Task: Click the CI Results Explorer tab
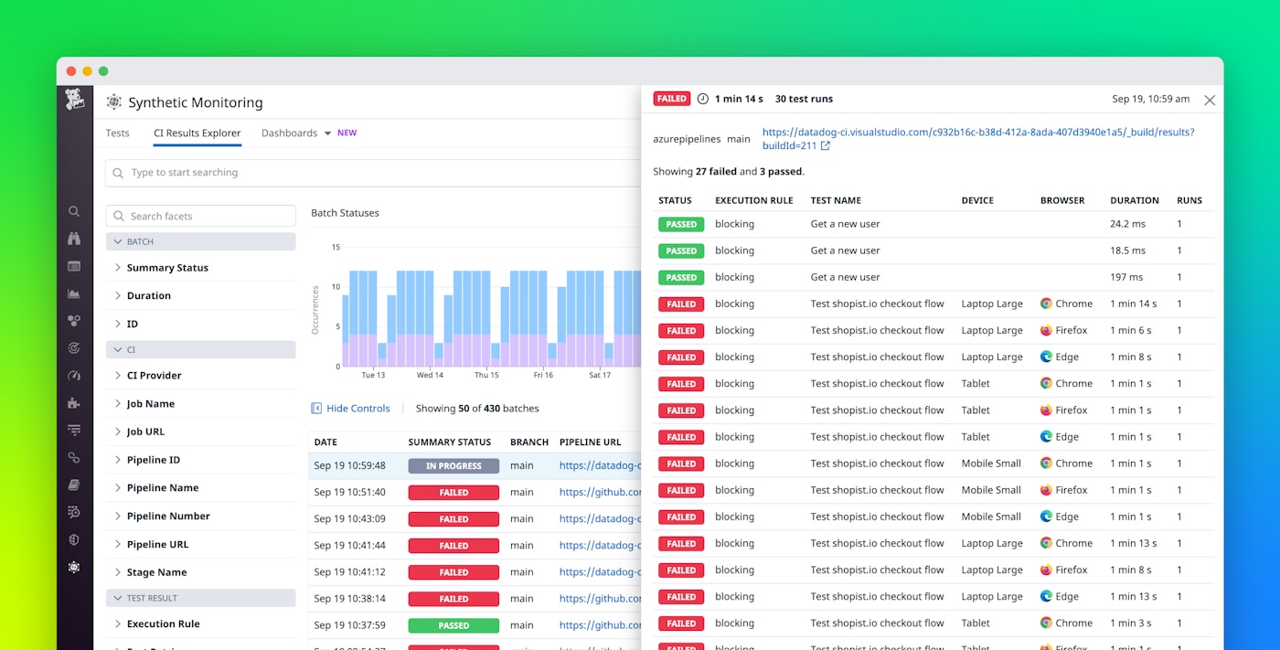click(x=197, y=133)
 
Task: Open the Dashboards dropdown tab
click(x=296, y=133)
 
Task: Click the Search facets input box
click(x=201, y=216)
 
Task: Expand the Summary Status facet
click(x=167, y=268)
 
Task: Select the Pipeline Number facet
click(x=168, y=517)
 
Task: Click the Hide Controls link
click(x=357, y=409)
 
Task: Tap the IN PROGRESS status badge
click(x=453, y=466)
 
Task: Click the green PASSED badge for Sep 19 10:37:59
click(x=453, y=626)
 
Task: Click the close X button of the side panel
click(x=1210, y=101)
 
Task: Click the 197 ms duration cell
click(x=1126, y=277)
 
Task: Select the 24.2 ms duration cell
click(x=1127, y=224)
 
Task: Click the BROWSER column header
click(x=1062, y=200)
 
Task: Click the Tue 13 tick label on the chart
click(x=373, y=375)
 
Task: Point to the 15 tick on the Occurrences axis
click(x=336, y=247)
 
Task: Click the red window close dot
click(x=71, y=71)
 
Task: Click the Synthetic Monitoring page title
click(x=195, y=102)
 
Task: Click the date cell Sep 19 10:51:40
click(x=349, y=493)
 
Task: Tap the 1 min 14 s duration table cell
click(x=1133, y=304)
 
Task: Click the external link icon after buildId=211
click(x=825, y=146)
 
